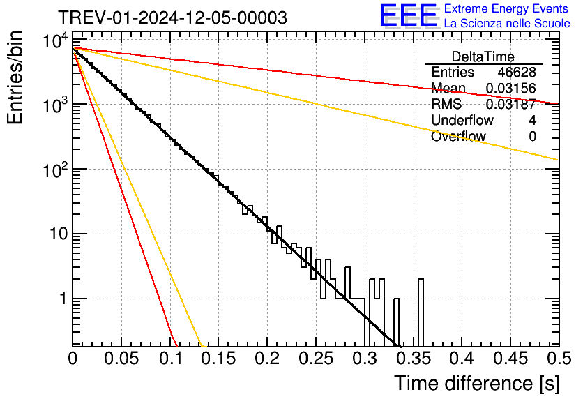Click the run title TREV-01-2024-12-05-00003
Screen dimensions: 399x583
[x=172, y=18]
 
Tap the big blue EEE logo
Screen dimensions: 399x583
[x=408, y=17]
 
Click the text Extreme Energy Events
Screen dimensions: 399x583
[x=507, y=9]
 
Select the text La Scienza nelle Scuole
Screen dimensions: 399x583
[x=507, y=24]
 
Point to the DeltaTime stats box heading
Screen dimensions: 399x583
[x=483, y=57]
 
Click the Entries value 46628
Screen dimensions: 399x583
[x=517, y=73]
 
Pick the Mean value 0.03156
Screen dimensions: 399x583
[x=510, y=89]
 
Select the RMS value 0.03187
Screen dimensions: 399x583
[x=510, y=105]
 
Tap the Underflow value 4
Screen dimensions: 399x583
[x=532, y=121]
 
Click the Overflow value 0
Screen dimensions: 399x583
[x=532, y=137]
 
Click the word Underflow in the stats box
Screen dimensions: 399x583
[x=462, y=121]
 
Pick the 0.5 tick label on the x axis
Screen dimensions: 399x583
[x=555, y=359]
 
